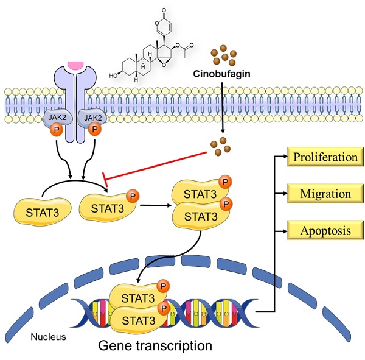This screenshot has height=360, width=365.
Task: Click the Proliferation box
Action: [x=324, y=158]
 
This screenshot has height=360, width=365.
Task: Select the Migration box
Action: [x=324, y=194]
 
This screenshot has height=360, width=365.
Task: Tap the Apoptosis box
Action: [x=324, y=230]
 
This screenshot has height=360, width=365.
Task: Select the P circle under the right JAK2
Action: [x=94, y=130]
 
